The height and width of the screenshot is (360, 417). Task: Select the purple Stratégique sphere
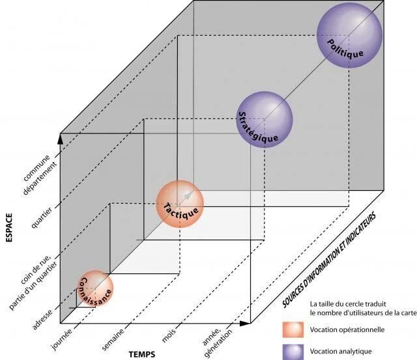pyautogui.click(x=265, y=120)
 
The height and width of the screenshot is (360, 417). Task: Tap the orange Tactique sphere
pyautogui.click(x=180, y=203)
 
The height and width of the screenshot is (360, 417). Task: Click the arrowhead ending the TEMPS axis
pyautogui.click(x=248, y=323)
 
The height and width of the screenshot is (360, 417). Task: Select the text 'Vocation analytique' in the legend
pyautogui.click(x=341, y=351)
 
